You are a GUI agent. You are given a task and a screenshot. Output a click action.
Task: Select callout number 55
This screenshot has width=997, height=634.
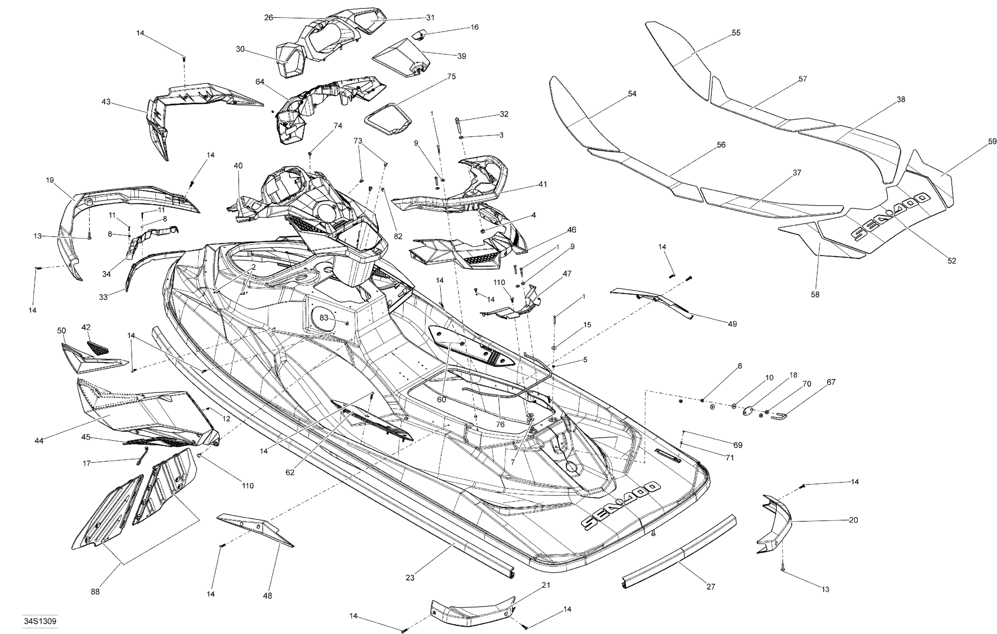pos(736,33)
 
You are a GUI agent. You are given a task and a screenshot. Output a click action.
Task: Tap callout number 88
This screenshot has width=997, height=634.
pos(95,592)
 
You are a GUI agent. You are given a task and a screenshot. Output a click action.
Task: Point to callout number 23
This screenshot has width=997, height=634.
pos(410,578)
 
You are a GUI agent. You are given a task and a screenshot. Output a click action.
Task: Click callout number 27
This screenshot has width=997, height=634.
pos(710,586)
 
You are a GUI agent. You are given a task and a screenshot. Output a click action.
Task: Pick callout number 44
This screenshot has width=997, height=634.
pos(39,441)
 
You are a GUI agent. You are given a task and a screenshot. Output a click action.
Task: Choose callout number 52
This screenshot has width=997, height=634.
pos(952,261)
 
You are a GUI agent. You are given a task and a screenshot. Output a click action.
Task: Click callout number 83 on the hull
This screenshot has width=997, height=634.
pos(324,318)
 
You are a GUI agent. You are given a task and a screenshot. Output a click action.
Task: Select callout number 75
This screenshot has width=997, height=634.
pos(451,76)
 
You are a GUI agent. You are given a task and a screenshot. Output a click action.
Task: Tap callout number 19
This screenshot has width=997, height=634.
pos(50,180)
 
